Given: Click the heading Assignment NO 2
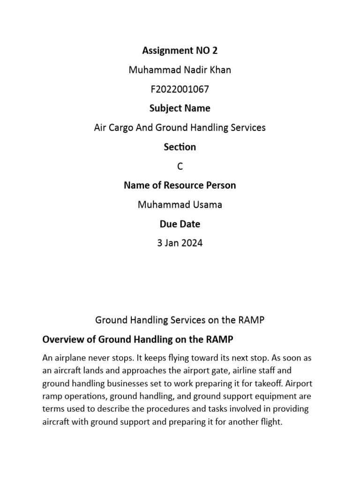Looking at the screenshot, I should pyautogui.click(x=180, y=51).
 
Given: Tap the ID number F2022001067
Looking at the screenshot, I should pyautogui.click(x=180, y=89).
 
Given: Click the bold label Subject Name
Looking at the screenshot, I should pyautogui.click(x=180, y=108).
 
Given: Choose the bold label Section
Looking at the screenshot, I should pyautogui.click(x=180, y=147).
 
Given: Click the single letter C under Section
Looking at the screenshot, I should pyautogui.click(x=180, y=166).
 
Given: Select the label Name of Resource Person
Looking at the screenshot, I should pyautogui.click(x=180, y=185).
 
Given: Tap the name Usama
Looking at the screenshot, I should pyautogui.click(x=207, y=205).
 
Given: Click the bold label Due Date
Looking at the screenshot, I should pyautogui.click(x=180, y=224).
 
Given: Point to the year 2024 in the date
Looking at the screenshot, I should pyautogui.click(x=192, y=243).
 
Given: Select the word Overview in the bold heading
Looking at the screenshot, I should pyautogui.click(x=62, y=339).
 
